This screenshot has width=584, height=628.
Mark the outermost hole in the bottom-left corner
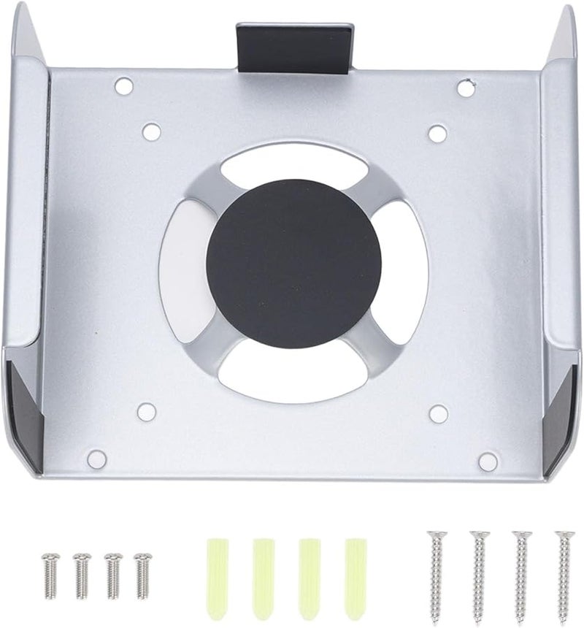tap(96, 459)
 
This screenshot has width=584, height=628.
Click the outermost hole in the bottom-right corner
tap(488, 461)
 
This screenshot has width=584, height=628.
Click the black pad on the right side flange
tap(561, 409)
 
